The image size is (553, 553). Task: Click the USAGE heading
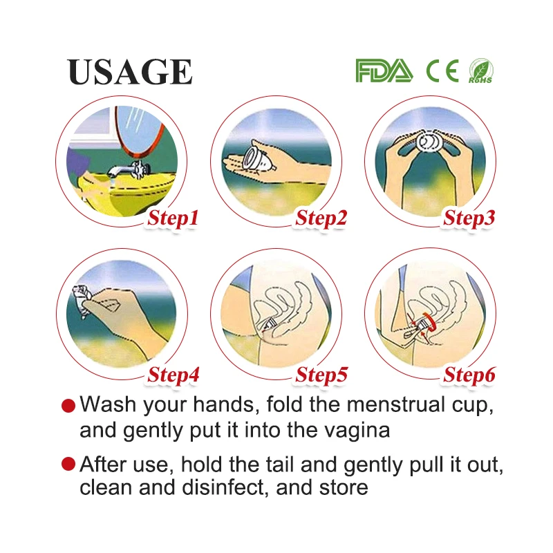click(129, 72)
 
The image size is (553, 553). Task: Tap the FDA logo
click(384, 71)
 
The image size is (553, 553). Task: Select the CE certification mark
click(442, 71)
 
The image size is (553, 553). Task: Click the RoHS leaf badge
click(480, 71)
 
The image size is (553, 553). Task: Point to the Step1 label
click(174, 218)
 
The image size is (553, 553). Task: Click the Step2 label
click(321, 218)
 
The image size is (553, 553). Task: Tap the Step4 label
click(174, 375)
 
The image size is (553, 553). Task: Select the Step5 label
click(321, 375)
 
